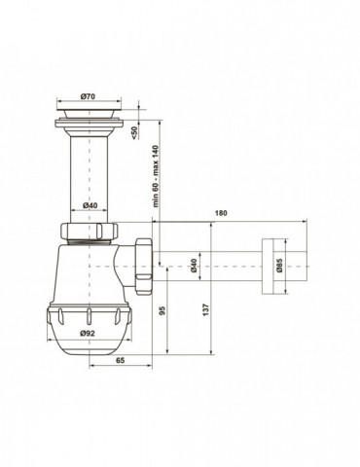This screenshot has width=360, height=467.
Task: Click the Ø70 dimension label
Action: click(89, 96)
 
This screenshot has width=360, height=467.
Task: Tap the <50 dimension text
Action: click(134, 132)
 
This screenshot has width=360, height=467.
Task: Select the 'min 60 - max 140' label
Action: click(156, 176)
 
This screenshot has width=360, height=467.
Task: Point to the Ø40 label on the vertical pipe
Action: click(90, 205)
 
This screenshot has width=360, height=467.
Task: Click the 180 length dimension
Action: click(221, 213)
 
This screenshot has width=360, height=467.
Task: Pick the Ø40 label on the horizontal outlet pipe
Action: click(194, 266)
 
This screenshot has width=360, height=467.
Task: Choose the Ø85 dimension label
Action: click(280, 266)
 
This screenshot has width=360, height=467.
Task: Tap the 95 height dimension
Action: click(162, 310)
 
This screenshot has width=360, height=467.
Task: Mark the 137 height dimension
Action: click(206, 310)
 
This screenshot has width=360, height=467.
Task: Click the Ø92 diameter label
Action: click(88, 333)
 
